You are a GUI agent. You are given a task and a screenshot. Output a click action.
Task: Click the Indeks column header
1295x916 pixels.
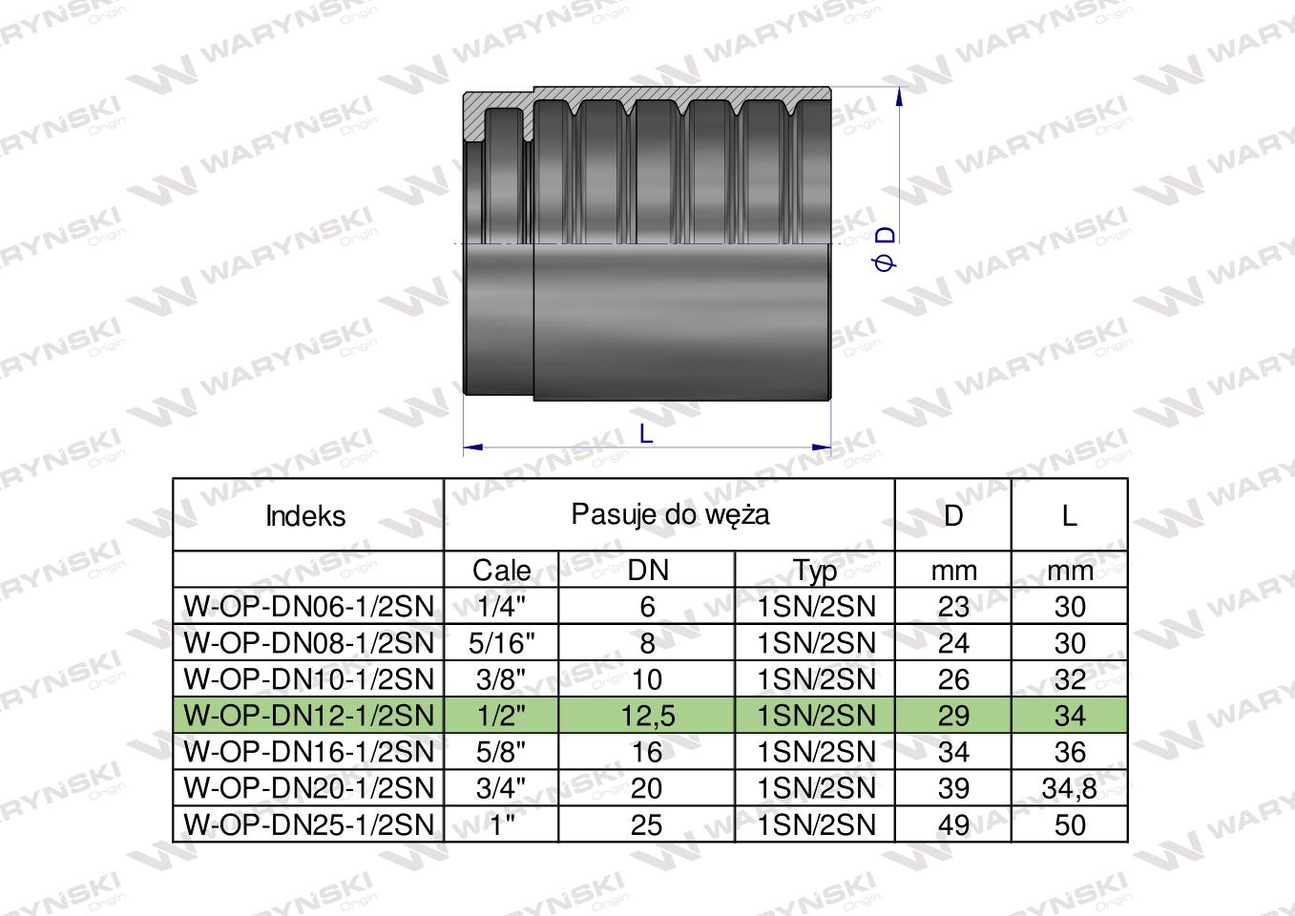pyautogui.click(x=305, y=516)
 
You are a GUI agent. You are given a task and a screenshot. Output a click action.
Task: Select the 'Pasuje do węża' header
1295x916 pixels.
pyautogui.click(x=670, y=514)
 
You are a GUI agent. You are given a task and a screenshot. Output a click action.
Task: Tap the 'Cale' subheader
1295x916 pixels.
pyautogui.click(x=502, y=571)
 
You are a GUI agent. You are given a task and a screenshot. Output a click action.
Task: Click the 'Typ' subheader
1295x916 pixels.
pyautogui.click(x=814, y=571)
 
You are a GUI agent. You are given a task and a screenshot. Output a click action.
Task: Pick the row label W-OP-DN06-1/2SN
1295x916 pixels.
pyautogui.click(x=308, y=607)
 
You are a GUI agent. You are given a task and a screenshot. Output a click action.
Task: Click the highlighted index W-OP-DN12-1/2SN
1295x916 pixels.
pyautogui.click(x=308, y=716)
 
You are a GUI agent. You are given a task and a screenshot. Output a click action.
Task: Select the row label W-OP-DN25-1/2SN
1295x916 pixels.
pyautogui.click(x=308, y=824)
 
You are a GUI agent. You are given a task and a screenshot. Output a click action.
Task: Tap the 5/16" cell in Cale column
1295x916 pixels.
pyautogui.click(x=502, y=643)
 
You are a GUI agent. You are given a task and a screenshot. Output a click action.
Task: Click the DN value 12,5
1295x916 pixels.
pyautogui.click(x=647, y=716)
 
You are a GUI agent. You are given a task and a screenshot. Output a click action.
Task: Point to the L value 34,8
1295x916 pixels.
pyautogui.click(x=1070, y=788)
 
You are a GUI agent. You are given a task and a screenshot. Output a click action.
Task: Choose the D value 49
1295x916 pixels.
pyautogui.click(x=953, y=824)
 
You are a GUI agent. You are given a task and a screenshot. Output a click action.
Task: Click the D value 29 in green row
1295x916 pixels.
pyautogui.click(x=953, y=716)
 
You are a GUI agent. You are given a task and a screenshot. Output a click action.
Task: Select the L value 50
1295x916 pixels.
pyautogui.click(x=1070, y=824)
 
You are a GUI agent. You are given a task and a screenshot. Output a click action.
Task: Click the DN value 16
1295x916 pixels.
pyautogui.click(x=647, y=752)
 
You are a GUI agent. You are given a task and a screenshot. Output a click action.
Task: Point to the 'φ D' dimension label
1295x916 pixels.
pyautogui.click(x=886, y=248)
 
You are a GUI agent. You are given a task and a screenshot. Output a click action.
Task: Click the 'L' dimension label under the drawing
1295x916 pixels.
pyautogui.click(x=646, y=434)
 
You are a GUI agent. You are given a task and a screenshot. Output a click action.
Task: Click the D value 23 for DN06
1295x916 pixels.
pyautogui.click(x=953, y=607)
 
